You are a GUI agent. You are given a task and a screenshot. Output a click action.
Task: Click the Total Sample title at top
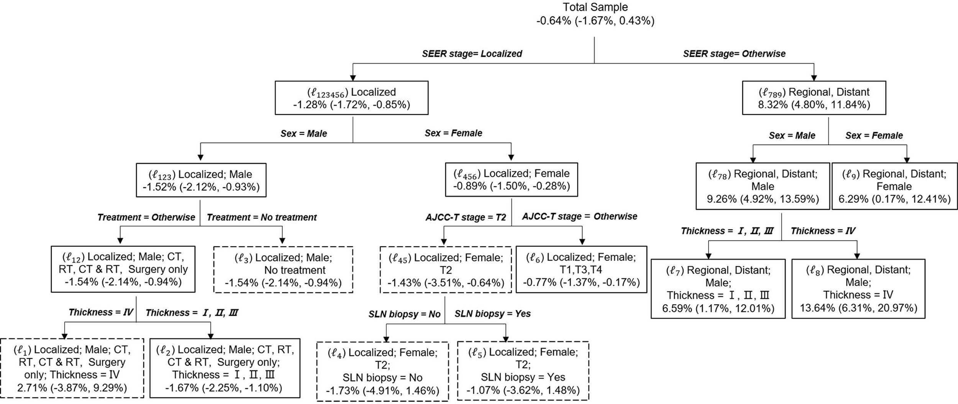(595, 7)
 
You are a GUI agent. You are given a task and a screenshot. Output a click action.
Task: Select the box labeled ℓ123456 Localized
(351, 98)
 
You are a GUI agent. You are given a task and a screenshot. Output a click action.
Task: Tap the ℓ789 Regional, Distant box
(814, 98)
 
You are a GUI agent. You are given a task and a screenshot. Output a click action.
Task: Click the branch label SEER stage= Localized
(472, 54)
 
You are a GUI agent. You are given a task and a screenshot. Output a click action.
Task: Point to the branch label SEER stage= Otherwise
(734, 54)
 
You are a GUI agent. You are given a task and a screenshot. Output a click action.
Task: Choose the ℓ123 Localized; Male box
(201, 180)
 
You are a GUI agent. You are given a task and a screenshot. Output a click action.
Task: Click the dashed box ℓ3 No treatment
(283, 270)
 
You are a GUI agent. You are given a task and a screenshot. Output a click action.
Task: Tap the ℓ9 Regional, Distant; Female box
(894, 186)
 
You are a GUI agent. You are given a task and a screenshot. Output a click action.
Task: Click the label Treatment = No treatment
(262, 218)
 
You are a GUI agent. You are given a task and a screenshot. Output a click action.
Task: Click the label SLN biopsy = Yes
(492, 314)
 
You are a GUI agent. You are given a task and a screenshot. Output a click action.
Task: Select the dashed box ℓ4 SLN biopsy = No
(382, 371)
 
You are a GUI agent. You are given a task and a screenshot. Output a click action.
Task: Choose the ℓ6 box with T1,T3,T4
(581, 270)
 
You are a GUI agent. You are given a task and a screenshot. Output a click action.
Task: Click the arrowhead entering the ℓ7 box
(709, 256)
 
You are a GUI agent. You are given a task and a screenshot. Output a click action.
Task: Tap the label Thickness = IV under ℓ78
(823, 231)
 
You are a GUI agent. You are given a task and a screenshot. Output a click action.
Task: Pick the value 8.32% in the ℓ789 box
(773, 105)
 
